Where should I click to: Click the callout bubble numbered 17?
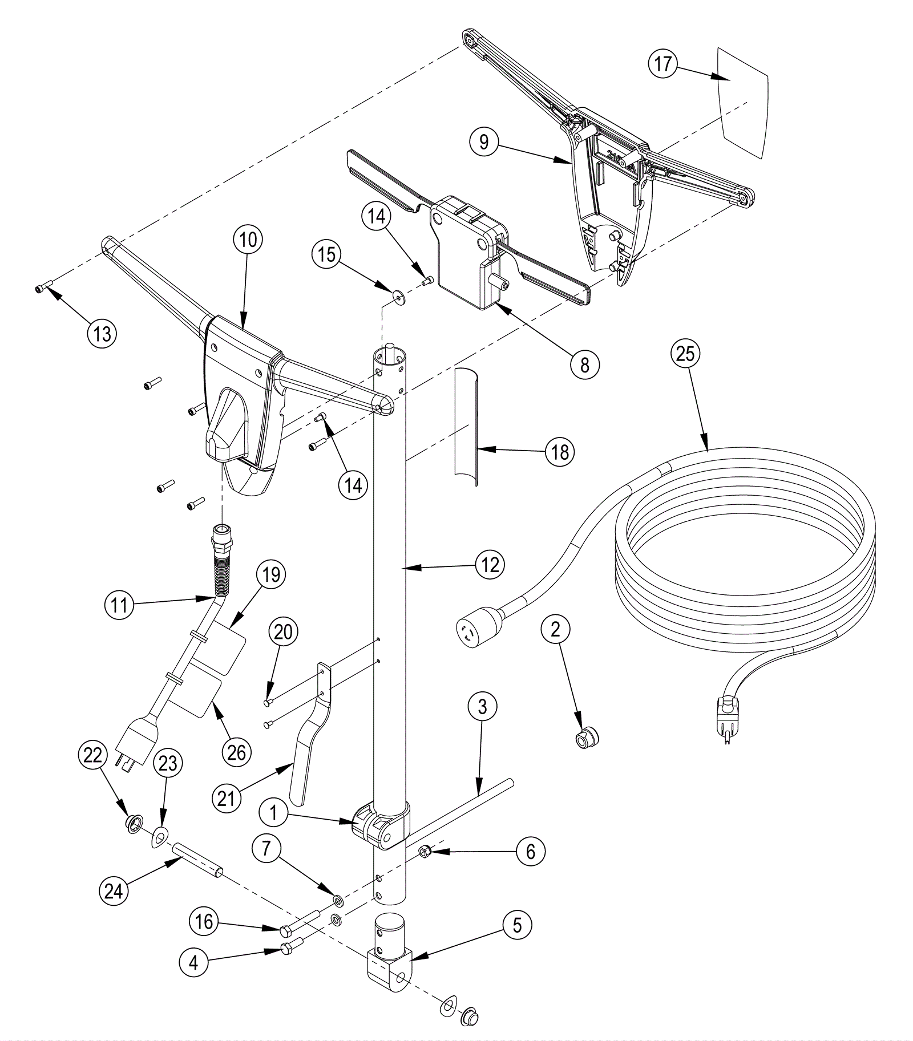coord(662,63)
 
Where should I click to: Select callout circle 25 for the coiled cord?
coord(685,354)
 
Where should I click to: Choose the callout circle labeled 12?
coord(490,565)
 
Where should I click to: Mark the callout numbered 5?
coord(517,925)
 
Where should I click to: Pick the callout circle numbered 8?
coord(584,364)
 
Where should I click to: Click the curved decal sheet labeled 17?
coord(742,103)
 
